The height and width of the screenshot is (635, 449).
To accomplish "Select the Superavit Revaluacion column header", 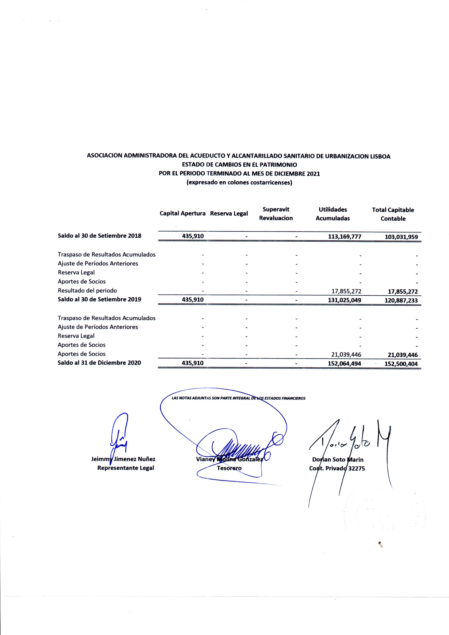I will [276, 214].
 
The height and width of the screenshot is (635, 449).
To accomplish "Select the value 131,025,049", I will [344, 300].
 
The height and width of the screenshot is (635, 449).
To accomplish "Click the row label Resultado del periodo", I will [87, 290].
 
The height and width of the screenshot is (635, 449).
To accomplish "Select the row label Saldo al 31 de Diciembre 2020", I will [99, 363].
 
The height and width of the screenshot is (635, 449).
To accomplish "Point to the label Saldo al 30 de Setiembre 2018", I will [100, 236].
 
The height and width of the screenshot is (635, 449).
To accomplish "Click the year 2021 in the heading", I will [313, 174].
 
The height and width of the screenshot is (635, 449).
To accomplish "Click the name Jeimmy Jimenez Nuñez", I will [123, 459].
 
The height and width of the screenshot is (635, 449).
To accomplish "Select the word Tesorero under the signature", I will [229, 468].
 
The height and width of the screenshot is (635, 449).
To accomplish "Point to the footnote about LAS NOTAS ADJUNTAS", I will [238, 398].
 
